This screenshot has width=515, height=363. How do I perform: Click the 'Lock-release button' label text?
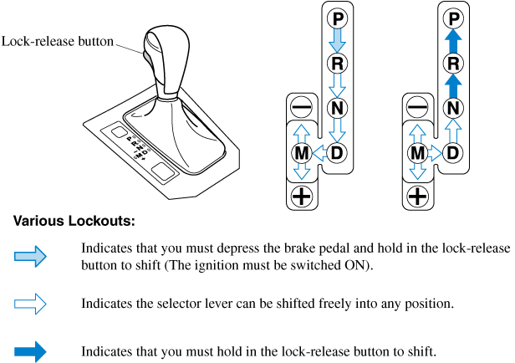tap(58, 41)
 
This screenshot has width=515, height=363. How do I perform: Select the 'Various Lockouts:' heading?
tap(74, 222)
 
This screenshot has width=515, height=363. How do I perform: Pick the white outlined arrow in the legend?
tap(31, 303)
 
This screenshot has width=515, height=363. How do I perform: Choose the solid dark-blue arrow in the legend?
tap(31, 350)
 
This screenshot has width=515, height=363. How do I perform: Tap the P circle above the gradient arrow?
tap(337, 18)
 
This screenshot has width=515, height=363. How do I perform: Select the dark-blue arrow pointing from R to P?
tap(452, 41)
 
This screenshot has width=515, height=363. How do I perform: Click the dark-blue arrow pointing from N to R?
tap(452, 84)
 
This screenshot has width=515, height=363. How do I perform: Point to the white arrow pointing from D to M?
tap(319, 153)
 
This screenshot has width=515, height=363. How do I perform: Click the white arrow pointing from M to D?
tap(435, 153)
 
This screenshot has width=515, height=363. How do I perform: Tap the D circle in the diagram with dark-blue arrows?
tap(452, 153)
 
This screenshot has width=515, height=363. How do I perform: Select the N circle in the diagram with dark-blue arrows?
tap(452, 107)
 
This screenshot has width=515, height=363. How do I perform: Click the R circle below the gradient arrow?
tap(337, 63)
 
